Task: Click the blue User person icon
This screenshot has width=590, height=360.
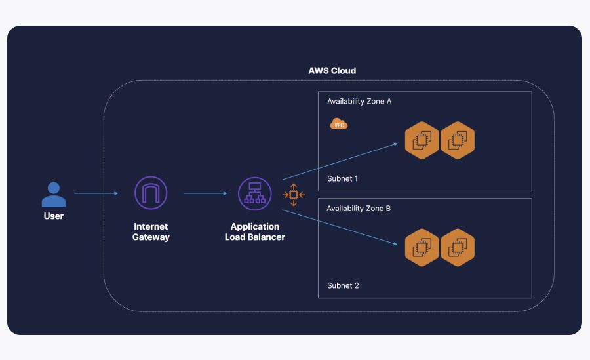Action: (x=53, y=194)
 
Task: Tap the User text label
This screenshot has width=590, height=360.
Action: (x=53, y=216)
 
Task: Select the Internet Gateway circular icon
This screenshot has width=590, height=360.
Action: (x=151, y=193)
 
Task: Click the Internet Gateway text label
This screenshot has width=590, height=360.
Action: (x=151, y=231)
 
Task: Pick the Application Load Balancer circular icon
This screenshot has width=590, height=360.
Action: (x=254, y=193)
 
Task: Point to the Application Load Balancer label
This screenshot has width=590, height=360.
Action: (x=254, y=231)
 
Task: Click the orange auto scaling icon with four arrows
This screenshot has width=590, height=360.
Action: (x=294, y=195)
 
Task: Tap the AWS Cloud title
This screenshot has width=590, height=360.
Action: (x=332, y=71)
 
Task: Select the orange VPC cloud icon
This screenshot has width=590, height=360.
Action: (x=339, y=124)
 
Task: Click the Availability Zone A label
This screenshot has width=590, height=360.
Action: (x=359, y=102)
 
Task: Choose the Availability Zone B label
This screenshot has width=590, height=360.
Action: (x=359, y=209)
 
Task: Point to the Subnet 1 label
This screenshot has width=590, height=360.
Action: (x=343, y=178)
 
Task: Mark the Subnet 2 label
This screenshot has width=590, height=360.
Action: (x=343, y=285)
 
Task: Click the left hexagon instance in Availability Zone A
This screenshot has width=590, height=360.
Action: (x=422, y=140)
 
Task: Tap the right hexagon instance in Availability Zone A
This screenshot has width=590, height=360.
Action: (x=457, y=140)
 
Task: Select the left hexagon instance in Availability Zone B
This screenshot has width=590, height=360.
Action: (x=422, y=248)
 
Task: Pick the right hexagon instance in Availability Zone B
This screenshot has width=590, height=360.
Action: (x=457, y=248)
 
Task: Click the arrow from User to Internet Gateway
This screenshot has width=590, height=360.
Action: (x=96, y=193)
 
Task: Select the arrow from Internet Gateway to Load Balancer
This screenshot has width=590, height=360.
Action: (x=205, y=193)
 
